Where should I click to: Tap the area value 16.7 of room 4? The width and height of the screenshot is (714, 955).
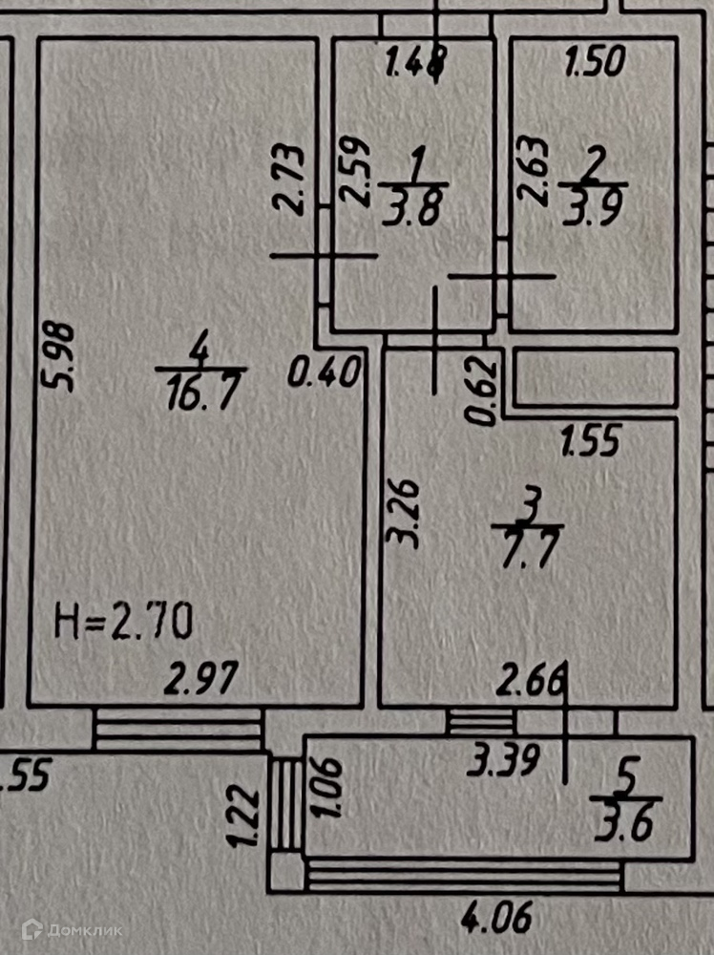point(199,394)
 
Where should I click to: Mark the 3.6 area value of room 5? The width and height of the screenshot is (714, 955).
point(626,824)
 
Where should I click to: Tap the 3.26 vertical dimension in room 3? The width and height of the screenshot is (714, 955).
point(404,513)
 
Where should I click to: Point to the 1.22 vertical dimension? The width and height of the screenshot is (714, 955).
point(244,815)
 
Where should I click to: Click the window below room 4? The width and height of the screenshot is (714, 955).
point(178,731)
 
